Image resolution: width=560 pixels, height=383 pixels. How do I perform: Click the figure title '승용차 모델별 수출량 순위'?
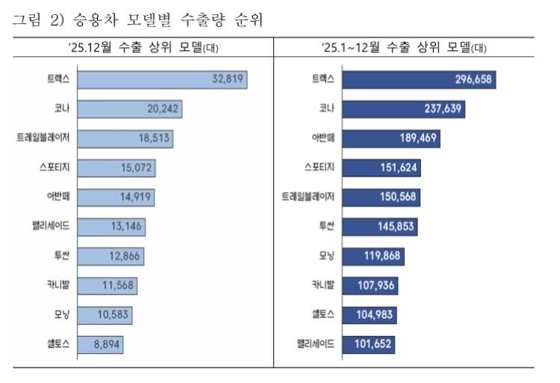[167, 19]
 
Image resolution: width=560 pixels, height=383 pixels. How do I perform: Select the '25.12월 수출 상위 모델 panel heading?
[143, 47]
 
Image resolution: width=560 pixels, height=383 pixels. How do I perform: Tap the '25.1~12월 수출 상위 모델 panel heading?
[404, 47]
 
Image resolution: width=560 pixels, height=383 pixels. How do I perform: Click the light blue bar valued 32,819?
[163, 79]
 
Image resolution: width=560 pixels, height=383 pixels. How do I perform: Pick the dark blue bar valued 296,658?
[419, 79]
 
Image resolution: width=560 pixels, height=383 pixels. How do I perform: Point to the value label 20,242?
[163, 108]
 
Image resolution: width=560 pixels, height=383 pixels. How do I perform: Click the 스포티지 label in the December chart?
[55, 167]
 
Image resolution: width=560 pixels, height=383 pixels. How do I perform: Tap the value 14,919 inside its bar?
[135, 197]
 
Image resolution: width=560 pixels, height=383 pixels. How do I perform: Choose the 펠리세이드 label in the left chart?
[51, 226]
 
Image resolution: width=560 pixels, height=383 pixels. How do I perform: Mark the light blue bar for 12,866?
[111, 257]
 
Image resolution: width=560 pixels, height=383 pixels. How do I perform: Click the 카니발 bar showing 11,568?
[107, 286]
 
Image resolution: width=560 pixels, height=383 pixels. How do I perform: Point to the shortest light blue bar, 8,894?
[100, 345]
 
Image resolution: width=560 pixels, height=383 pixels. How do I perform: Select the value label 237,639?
[443, 108]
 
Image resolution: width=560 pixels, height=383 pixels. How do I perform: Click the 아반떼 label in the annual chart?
[323, 138]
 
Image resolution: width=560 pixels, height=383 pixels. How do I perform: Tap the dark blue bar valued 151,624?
[382, 168]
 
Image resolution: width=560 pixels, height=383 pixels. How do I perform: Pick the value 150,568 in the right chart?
[398, 197]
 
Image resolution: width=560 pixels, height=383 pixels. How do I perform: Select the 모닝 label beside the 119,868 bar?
[326, 256]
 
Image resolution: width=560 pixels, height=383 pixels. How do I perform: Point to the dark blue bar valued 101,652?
[369, 345]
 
